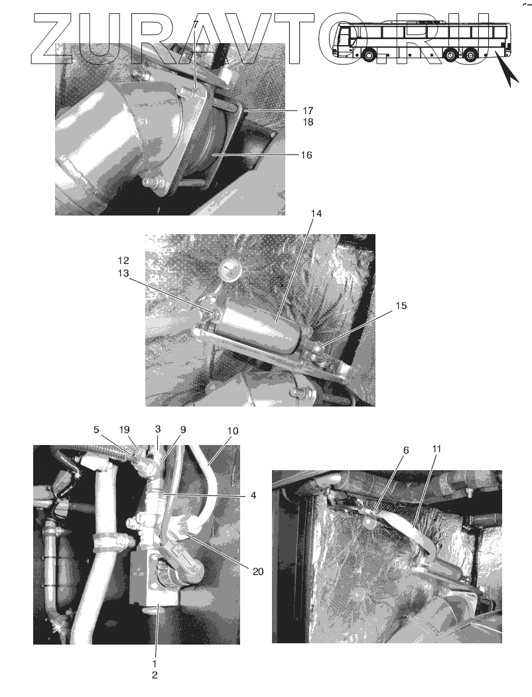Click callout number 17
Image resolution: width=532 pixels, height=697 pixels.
pos(308,110)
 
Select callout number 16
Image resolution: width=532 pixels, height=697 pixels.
pos(306,155)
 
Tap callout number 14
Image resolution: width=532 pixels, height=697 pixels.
pos(316,214)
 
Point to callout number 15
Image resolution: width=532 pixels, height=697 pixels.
pos(401,306)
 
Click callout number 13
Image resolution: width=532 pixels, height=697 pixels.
pos(123,273)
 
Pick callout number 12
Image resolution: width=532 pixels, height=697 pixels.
pos(123,261)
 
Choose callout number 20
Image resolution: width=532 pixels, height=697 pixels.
pos(258,571)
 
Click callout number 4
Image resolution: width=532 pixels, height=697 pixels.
pos(253,495)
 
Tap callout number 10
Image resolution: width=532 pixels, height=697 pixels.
pos(232,431)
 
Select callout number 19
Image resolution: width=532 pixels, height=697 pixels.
pos(125,429)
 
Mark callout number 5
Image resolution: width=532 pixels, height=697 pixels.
pos(96,429)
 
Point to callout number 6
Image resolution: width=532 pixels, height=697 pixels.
pos(406,450)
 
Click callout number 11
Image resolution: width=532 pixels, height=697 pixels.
pos(437,449)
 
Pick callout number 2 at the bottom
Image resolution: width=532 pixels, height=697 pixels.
pos(155,674)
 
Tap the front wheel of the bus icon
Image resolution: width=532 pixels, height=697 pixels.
pos(368,54)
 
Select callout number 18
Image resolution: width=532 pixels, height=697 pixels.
pos(308,122)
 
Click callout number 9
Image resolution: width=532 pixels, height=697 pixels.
pos(182,429)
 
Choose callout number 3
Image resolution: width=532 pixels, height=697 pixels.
pos(158,429)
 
